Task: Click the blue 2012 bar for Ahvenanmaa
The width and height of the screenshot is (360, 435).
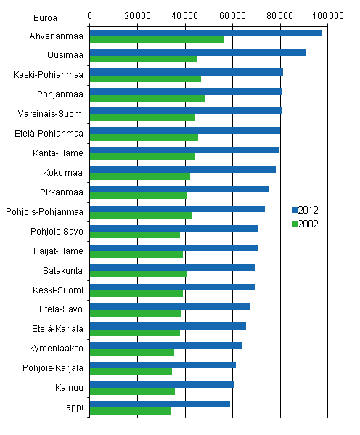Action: [205, 33]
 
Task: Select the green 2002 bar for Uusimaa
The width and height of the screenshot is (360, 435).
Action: [143, 59]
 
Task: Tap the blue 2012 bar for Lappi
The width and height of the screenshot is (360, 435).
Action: [160, 404]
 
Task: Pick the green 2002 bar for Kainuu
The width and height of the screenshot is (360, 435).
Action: [132, 391]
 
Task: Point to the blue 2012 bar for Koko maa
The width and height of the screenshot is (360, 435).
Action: [182, 169]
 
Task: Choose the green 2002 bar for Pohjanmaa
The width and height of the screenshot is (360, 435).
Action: [147, 98]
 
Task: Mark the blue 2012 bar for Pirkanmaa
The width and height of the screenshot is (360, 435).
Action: [179, 189]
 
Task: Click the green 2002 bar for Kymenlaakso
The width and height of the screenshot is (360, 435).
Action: [131, 352]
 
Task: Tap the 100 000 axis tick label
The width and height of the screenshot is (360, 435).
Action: [327, 15]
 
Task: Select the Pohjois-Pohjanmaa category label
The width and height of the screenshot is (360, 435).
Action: [45, 212]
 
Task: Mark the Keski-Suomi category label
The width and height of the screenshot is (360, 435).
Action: [61, 290]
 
